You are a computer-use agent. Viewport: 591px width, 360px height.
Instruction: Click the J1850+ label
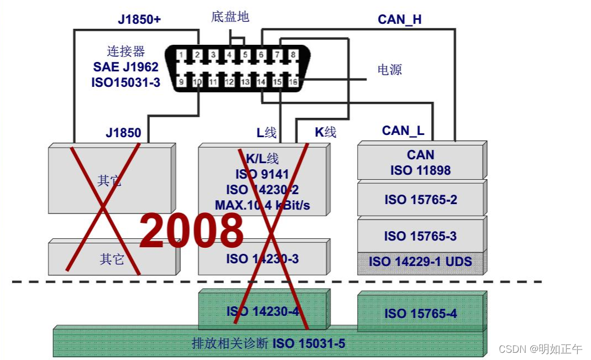tap(139, 19)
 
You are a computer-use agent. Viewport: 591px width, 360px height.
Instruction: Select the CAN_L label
tap(403, 131)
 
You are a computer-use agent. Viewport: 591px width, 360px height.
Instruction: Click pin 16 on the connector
tap(293, 82)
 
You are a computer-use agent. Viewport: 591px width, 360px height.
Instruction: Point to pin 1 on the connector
tap(181, 55)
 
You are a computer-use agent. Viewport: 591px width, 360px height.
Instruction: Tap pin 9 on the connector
tap(181, 82)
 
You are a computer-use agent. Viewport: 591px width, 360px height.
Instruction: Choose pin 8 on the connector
tap(293, 55)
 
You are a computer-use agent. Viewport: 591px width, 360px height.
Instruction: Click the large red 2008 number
tap(191, 230)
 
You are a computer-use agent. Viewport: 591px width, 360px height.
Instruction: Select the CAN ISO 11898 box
tap(420, 163)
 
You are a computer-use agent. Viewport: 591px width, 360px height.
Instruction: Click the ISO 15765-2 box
tap(421, 200)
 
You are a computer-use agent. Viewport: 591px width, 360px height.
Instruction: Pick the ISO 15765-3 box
tap(420, 236)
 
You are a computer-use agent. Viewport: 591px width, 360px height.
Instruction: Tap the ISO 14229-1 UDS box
tap(420, 261)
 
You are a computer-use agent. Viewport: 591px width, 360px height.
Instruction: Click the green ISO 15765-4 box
tap(421, 314)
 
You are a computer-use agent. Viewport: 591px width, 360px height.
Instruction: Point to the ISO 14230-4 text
tap(263, 311)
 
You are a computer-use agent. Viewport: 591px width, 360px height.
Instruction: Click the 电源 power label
tap(389, 70)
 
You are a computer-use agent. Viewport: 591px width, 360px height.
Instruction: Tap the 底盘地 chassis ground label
tap(230, 17)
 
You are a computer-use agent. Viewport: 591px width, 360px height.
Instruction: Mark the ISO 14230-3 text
tap(263, 258)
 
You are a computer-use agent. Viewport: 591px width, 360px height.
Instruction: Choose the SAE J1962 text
tap(125, 67)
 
